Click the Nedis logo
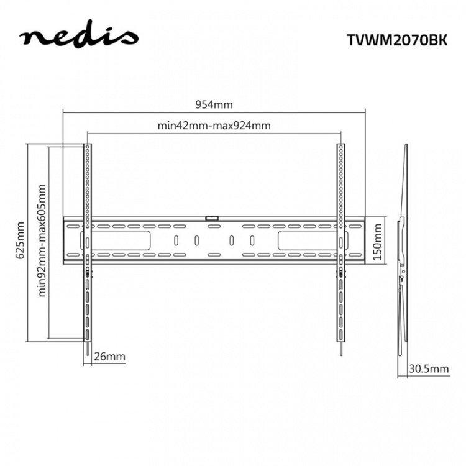(78, 37)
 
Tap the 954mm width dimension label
(214, 105)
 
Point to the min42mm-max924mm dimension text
(214, 126)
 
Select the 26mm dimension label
(109, 357)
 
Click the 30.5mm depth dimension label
(428, 368)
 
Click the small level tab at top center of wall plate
(212, 217)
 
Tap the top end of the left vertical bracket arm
(88, 146)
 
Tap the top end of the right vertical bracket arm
(341, 146)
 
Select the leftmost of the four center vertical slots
(176, 240)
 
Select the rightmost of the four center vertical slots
(252, 240)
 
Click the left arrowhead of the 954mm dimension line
(65, 112)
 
